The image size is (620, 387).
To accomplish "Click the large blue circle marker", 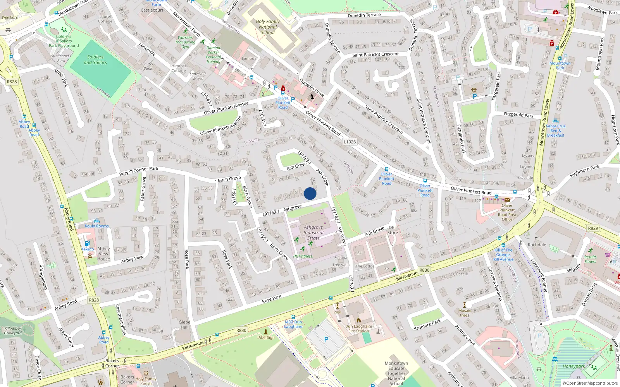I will click(x=310, y=193).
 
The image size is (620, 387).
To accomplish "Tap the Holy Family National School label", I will click(x=268, y=27).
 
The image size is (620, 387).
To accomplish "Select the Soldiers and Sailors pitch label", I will click(x=95, y=60).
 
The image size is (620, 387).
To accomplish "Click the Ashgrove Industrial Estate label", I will click(x=313, y=233).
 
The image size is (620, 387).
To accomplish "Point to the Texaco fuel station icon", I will click(x=87, y=243).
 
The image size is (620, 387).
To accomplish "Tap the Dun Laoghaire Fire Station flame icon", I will click(x=359, y=320).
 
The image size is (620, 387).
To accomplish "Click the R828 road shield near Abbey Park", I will click(x=12, y=82).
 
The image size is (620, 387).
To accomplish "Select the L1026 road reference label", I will click(x=350, y=142).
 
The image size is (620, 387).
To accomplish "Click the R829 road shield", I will click(x=593, y=228).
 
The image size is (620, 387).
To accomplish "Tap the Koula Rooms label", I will click(x=97, y=226).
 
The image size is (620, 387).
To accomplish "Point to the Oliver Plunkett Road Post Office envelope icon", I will click(x=507, y=200).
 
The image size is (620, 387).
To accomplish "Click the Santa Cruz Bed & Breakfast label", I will click(x=556, y=130).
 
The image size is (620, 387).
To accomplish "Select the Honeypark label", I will click(x=573, y=366).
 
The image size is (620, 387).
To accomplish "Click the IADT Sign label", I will click(x=266, y=337).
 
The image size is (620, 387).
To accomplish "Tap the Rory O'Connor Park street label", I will click(x=139, y=171).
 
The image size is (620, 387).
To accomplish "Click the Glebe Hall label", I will click(x=184, y=324).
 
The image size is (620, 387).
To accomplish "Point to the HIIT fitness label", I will click(x=303, y=256).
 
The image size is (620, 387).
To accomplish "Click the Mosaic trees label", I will click(x=465, y=313).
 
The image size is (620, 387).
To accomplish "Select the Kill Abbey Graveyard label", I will click(x=13, y=330).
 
